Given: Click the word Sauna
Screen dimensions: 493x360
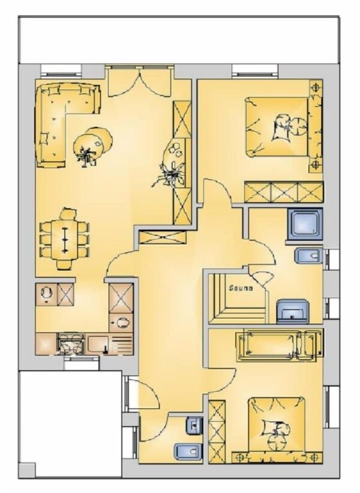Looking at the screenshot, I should click(x=241, y=288).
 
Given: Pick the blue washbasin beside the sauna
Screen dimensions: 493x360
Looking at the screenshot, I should click(x=293, y=310).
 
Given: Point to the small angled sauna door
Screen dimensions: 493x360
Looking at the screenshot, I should click(x=261, y=279).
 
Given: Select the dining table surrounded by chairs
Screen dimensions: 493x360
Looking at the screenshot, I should click(x=65, y=238).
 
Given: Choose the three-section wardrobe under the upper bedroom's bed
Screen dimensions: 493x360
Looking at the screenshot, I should click(x=283, y=192).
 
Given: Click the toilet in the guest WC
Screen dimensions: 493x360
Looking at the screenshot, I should click(x=185, y=450).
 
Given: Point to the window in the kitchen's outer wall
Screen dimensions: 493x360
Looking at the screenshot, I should click(x=81, y=359).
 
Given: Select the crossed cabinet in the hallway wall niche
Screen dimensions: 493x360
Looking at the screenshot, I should click(x=162, y=237).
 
